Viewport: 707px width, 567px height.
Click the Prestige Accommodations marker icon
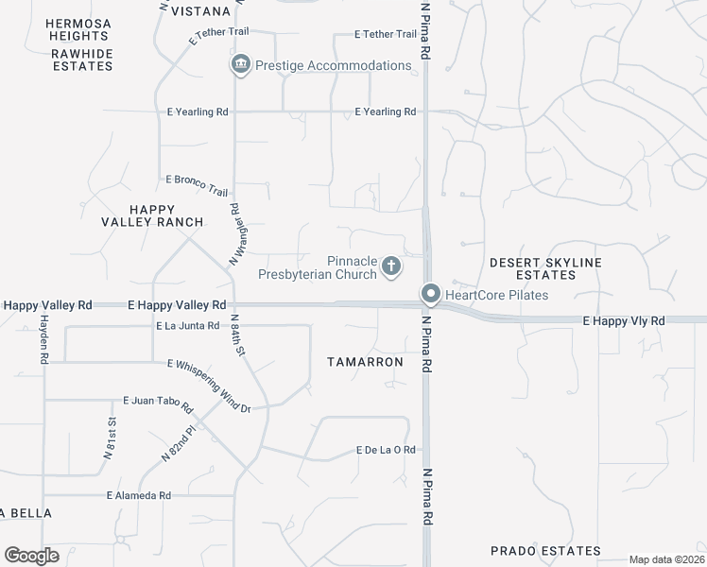pyautogui.click(x=240, y=65)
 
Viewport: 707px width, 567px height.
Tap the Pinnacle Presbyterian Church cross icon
pyautogui.click(x=390, y=268)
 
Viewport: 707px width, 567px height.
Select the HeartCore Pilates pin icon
pyautogui.click(x=431, y=295)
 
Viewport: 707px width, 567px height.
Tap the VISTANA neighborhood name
pyautogui.click(x=200, y=11)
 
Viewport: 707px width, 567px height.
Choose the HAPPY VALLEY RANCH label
pyautogui.click(x=153, y=215)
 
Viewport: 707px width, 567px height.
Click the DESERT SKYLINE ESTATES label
pyautogui.click(x=546, y=268)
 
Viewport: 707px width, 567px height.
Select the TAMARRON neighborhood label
pyautogui.click(x=365, y=362)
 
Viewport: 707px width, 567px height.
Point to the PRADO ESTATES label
pyautogui.click(x=545, y=551)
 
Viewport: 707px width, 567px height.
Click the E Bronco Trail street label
pyautogui.click(x=197, y=179)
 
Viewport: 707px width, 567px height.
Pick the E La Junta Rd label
pyautogui.click(x=187, y=326)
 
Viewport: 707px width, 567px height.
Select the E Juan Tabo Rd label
pyautogui.click(x=158, y=405)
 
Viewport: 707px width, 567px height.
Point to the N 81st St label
pyautogui.click(x=110, y=438)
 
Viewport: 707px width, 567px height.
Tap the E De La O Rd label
pyautogui.click(x=386, y=450)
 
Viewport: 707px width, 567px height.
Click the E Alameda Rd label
pyautogui.click(x=138, y=495)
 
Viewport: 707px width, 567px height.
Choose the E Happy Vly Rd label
pyautogui.click(x=623, y=321)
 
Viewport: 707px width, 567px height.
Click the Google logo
pyautogui.click(x=31, y=556)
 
